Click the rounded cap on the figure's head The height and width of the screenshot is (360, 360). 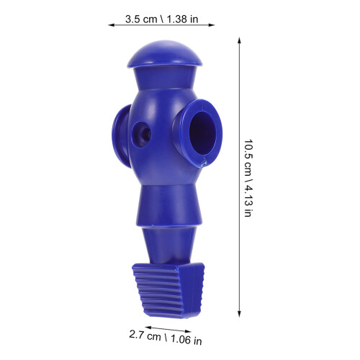[x=165, y=55]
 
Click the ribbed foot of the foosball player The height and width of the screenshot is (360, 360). [x=168, y=290]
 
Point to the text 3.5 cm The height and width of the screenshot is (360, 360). [x=141, y=19]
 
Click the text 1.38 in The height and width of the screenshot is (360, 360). [x=182, y=19]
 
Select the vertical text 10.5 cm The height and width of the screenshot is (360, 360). [x=248, y=157]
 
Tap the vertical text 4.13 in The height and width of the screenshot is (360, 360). [x=248, y=200]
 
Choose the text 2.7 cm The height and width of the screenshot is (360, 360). [x=145, y=336]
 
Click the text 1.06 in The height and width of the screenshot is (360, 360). [x=186, y=340]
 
